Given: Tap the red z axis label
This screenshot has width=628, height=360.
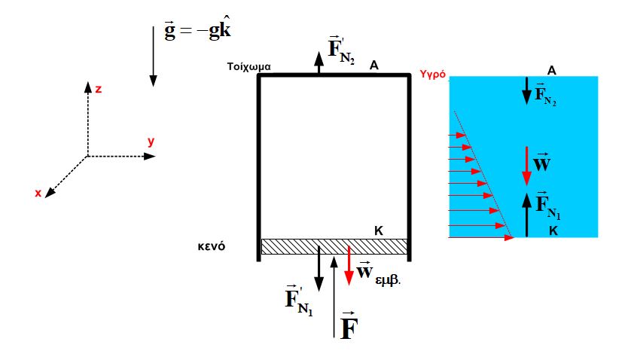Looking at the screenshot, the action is pos(98,89).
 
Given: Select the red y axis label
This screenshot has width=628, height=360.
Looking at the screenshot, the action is pos(151,142).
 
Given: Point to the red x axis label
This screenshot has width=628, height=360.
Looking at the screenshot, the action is pos(38,193).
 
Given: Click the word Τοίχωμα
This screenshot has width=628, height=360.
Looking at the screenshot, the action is pos(248,66).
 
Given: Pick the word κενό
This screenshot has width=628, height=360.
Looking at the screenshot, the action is pos(212,246).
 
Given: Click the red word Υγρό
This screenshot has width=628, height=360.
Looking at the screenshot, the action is pos(432,75).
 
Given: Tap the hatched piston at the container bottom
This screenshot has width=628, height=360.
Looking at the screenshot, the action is pos(334,247).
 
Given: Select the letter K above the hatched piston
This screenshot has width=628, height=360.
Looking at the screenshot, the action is pos(379,230).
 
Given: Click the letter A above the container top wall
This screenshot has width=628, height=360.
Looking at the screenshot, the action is pos(373,65).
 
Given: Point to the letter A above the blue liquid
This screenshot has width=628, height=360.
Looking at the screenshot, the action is pos(551,71).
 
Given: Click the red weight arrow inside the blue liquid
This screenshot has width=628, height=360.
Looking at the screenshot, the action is pos(526,166).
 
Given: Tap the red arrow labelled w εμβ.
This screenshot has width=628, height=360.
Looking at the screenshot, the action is pos(349,266).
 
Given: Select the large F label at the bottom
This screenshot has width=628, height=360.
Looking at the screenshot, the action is pos(349,325).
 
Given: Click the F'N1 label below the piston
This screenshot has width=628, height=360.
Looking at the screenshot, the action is pos(299,300).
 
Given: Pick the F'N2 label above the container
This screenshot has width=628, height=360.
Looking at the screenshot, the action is pos(341,50).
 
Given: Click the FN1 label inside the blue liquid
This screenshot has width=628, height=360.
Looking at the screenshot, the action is pos(548,206).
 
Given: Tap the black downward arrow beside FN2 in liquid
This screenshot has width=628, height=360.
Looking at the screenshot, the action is pos(526,91).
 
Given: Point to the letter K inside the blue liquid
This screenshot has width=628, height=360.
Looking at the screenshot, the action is pos(553,231).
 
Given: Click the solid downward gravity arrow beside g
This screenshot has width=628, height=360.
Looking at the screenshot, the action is pos(153,56).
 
